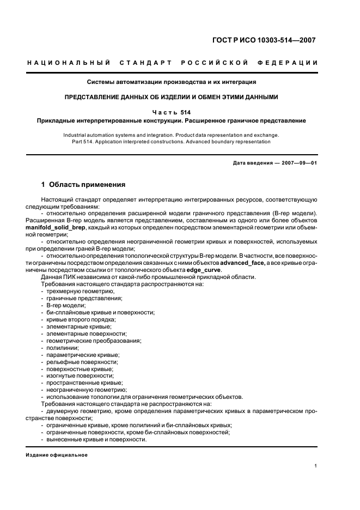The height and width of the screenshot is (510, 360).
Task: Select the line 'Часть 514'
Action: click(172, 112)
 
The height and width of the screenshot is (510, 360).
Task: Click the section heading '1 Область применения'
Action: click(83, 184)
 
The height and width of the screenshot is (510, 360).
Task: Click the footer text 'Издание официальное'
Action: click(56, 454)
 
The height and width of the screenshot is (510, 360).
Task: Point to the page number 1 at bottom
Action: click(316, 466)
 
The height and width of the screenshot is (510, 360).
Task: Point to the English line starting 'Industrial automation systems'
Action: click(171, 134)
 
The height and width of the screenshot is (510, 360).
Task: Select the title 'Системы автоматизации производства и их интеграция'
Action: click(172, 82)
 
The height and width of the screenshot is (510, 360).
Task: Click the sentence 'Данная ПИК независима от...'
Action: click(148, 277)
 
